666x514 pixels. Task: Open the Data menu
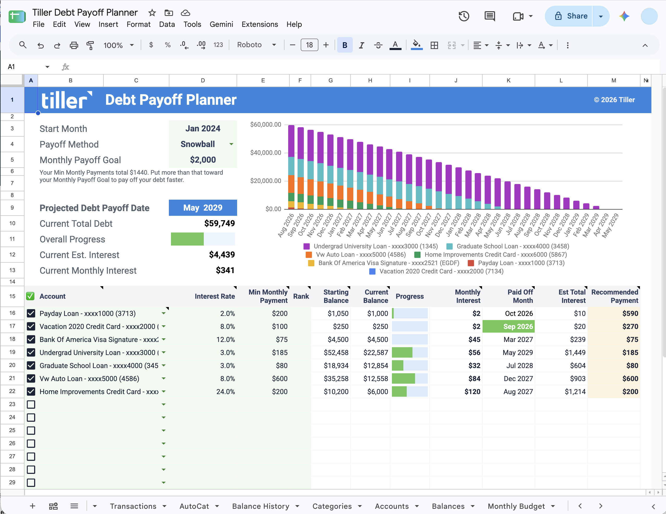point(167,25)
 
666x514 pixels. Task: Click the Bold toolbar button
point(344,45)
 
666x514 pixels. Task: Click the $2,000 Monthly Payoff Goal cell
point(203,160)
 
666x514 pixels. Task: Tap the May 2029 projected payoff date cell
point(203,208)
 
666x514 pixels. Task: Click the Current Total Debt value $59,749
point(219,223)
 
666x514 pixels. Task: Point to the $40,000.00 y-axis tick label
point(266,152)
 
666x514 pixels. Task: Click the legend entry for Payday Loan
point(516,263)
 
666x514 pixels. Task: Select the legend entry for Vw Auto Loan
point(356,255)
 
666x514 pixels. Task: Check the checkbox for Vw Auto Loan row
point(31,378)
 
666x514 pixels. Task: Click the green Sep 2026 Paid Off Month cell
point(508,326)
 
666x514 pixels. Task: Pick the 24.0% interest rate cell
point(225,392)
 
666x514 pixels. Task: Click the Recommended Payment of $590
point(630,313)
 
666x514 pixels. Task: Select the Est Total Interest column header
point(572,296)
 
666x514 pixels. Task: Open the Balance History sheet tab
point(261,506)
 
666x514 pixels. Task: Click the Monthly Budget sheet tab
point(516,506)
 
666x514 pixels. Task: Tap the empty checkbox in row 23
point(31,405)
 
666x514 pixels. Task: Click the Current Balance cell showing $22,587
point(375,353)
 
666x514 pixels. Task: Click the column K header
point(508,81)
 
